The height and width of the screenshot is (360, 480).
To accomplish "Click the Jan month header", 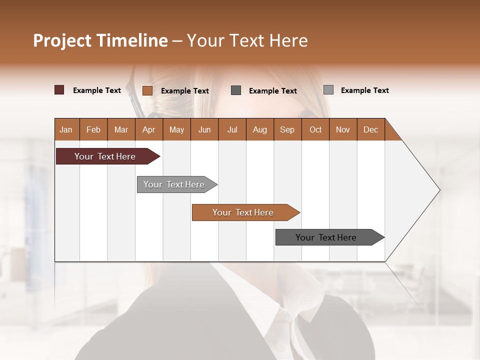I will pos(66,130).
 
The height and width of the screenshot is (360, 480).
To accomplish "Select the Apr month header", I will pos(148,130).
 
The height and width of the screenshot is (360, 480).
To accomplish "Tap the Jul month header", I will pos(232,130).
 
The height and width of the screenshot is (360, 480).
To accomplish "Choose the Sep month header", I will pos(287,130).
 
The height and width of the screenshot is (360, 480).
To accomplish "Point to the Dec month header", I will pos(370,130).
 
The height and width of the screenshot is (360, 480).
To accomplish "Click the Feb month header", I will pos(93,130).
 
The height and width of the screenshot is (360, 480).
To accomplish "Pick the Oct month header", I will pos(315,130).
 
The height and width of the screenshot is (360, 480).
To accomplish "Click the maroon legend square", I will pos(59,90).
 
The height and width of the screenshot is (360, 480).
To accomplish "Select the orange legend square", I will pos(147,90).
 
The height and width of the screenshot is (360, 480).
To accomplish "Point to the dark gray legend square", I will pos(236,90).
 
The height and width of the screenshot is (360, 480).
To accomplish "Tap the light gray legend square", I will pos(328,90).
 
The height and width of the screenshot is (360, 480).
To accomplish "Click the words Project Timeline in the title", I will pos(100,40).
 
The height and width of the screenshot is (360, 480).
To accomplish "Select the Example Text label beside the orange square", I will pos(184,91).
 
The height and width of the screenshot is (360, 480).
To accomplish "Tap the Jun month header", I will pos(204,130).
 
